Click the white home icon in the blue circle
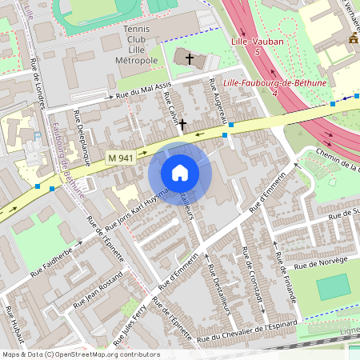click(179, 173)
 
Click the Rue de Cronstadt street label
click(253, 283)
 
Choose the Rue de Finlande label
click(286, 278)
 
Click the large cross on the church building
click(190, 58)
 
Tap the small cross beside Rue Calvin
click(183, 124)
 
